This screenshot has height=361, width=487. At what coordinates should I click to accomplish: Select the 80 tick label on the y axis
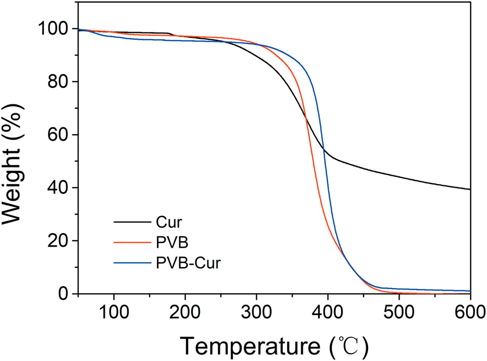coord(58,82)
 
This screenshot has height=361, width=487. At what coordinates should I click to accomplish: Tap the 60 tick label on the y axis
coord(58,135)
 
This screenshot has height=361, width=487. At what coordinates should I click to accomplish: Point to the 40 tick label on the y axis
coord(58,188)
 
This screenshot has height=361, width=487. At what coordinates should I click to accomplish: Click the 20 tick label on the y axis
coord(58,241)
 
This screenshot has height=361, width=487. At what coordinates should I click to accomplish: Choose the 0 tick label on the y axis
coord(65,294)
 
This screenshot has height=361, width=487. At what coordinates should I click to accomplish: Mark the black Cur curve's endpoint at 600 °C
coord(470,189)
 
